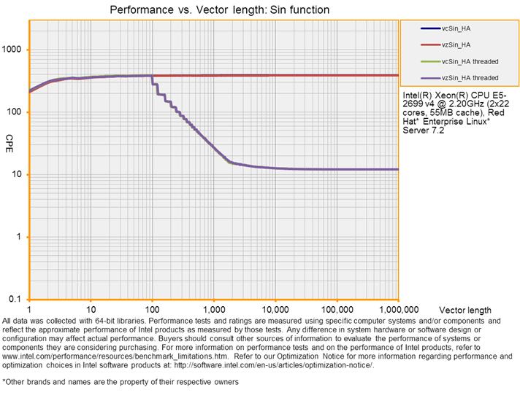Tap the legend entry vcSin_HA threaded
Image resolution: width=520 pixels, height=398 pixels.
[x=469, y=61]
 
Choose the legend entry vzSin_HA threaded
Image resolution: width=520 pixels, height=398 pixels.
[x=469, y=77]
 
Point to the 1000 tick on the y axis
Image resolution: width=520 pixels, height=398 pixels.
[x=14, y=50]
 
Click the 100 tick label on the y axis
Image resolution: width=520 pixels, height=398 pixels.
[x=16, y=112]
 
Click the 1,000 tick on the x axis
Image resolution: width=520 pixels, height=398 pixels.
[x=213, y=310]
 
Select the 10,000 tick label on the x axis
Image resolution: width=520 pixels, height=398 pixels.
[x=275, y=310]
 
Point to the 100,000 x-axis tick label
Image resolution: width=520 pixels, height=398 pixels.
[x=336, y=310]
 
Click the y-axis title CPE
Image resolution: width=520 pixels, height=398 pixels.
[x=9, y=139]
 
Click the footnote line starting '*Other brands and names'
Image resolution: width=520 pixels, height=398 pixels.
[x=121, y=381]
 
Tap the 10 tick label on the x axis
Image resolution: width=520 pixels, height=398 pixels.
[x=91, y=310]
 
